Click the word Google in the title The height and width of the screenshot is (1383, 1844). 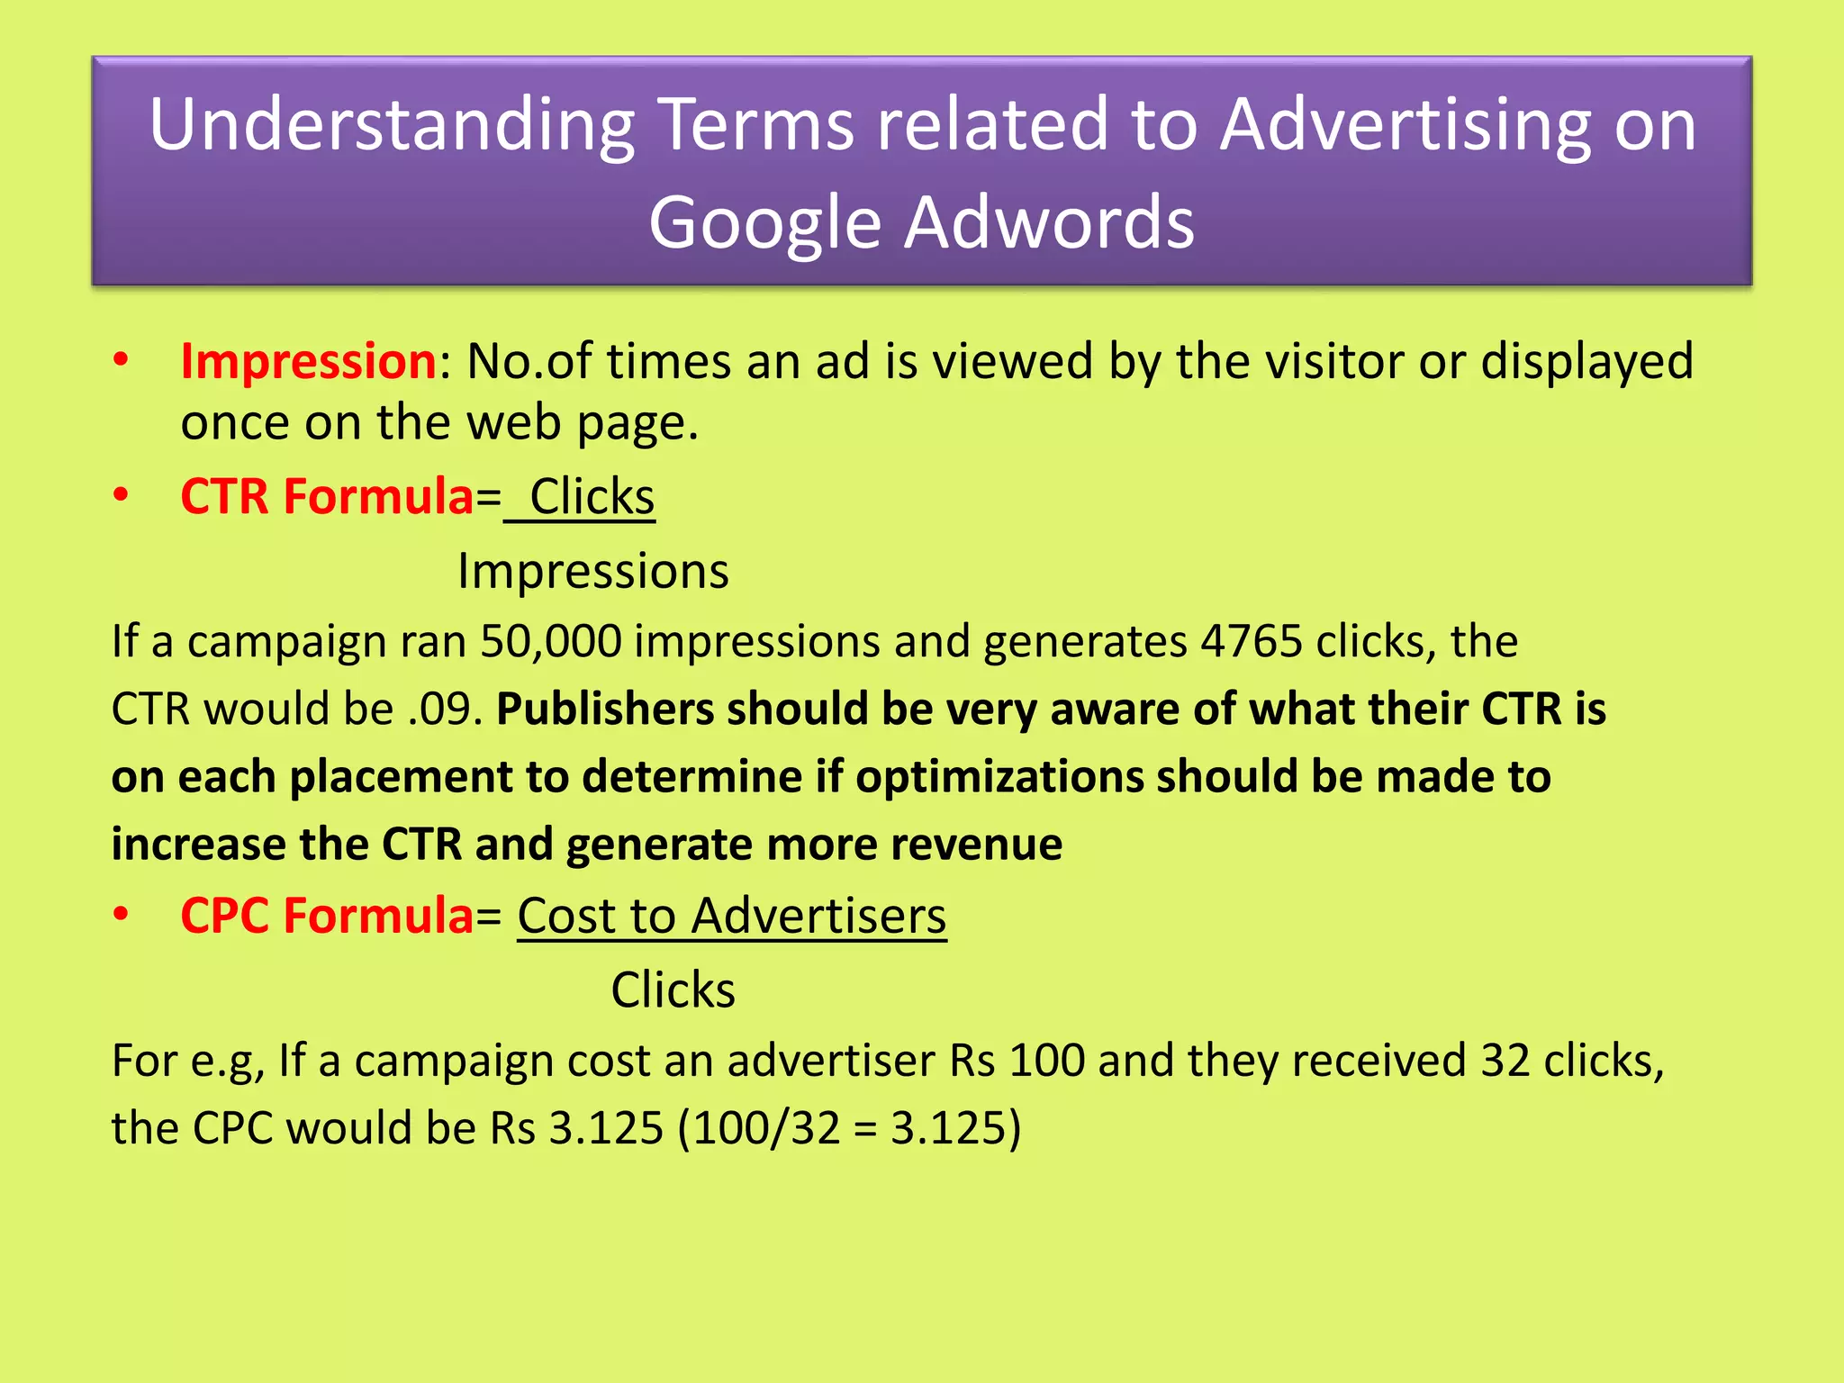(x=764, y=223)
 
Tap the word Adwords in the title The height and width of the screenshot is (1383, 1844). (x=1049, y=223)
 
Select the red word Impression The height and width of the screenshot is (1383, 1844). (x=308, y=362)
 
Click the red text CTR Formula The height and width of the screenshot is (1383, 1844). (x=327, y=497)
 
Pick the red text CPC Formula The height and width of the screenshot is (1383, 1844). (x=327, y=917)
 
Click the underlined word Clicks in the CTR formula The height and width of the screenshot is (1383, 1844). (x=592, y=497)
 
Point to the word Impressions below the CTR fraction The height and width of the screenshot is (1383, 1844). (x=592, y=572)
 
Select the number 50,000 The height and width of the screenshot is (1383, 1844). (x=550, y=642)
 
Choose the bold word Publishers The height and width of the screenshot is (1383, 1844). (x=605, y=710)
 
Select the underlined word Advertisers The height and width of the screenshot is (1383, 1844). (x=818, y=917)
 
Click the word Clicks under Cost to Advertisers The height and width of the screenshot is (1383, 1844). (x=673, y=990)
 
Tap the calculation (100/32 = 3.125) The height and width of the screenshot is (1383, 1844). (x=849, y=1128)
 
